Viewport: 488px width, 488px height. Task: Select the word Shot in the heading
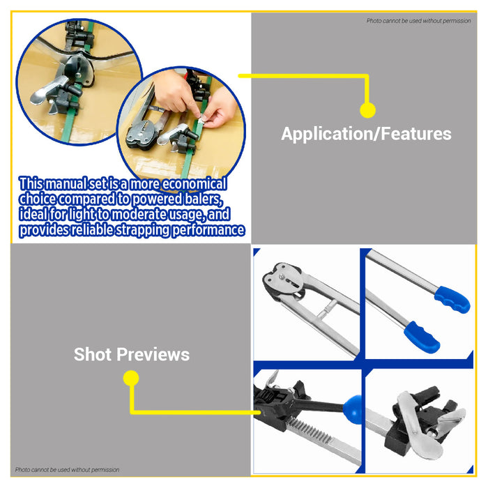coord(93,355)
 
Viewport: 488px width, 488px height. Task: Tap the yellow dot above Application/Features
coord(367,110)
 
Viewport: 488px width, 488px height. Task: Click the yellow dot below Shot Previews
coord(130,379)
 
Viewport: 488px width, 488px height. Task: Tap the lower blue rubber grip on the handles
coord(423,337)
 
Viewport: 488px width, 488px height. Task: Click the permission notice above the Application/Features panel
coord(418,21)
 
